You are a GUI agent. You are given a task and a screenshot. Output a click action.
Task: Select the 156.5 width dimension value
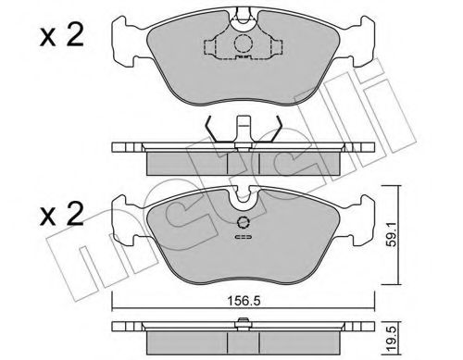pos(243,300)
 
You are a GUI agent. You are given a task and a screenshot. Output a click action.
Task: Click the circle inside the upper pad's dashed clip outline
pos(242,43)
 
